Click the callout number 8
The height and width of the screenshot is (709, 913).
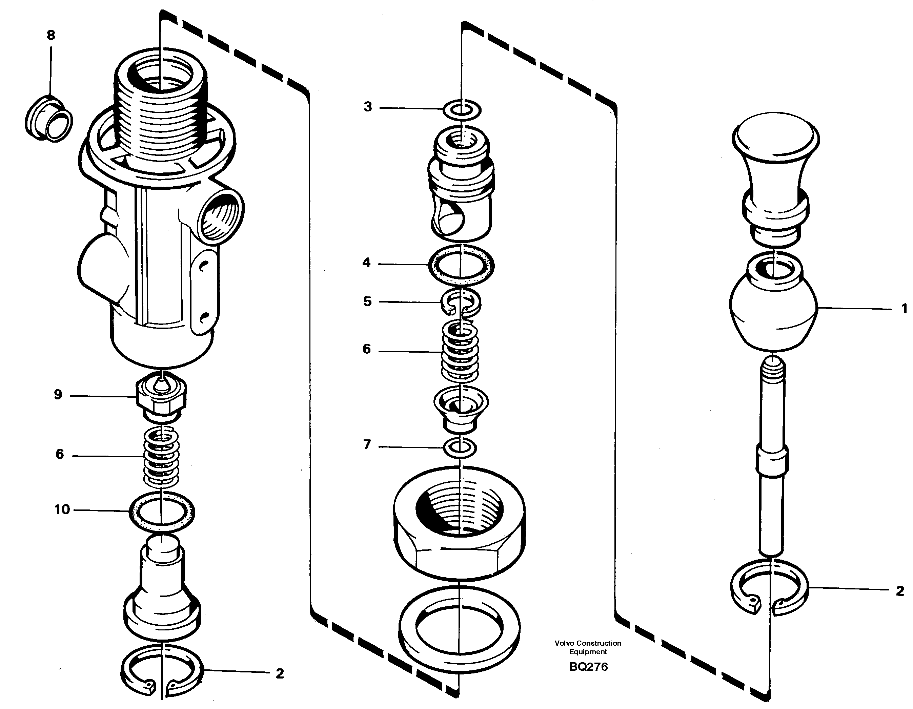click(50, 35)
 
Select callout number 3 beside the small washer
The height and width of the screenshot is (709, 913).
click(367, 107)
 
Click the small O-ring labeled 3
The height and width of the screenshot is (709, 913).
click(462, 110)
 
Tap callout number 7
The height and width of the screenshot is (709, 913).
click(367, 444)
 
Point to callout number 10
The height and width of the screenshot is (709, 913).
click(62, 510)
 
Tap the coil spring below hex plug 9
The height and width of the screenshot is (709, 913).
click(161, 458)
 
